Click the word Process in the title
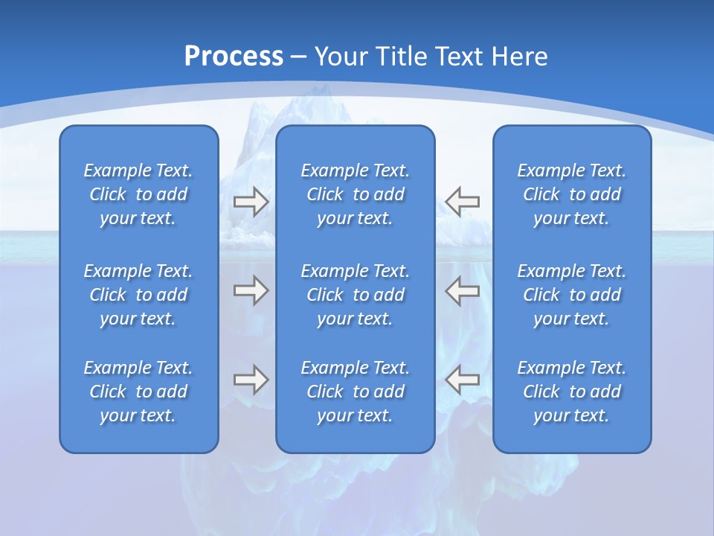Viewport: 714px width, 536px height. (234, 57)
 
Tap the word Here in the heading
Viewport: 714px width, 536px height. (519, 57)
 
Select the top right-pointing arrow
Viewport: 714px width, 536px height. (251, 202)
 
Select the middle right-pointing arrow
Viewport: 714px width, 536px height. (251, 290)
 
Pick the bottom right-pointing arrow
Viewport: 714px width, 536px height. (251, 380)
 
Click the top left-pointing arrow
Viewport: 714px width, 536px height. (463, 202)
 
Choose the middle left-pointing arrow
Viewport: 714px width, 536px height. (463, 290)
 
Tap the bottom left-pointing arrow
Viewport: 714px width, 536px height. (463, 380)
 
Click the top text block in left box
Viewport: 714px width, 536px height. (138, 194)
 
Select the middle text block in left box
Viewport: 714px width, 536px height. (138, 295)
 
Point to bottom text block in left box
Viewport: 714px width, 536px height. (138, 392)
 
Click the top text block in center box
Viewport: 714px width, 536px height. (355, 194)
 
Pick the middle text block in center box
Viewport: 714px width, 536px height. (355, 295)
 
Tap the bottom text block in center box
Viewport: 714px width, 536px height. (355, 392)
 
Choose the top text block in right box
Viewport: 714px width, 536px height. (571, 194)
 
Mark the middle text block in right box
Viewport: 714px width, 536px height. (571, 295)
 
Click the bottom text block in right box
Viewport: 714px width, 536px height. (571, 392)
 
